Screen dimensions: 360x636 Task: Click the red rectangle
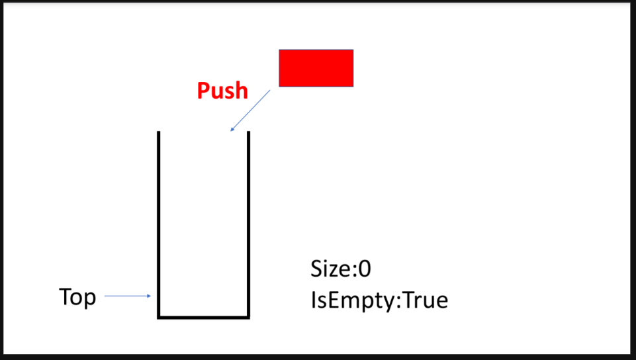[x=316, y=67]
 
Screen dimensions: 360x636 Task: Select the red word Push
[x=222, y=91]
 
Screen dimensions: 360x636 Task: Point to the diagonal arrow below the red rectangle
[x=250, y=111]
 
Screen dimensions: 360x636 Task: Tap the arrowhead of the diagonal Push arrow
[x=232, y=130]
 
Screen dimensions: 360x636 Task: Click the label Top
[x=77, y=297]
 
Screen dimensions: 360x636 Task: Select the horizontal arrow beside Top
[x=128, y=296]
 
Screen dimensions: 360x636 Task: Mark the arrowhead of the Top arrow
[x=149, y=296]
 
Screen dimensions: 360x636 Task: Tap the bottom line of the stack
[x=204, y=317]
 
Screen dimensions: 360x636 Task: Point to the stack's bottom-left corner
[x=159, y=317]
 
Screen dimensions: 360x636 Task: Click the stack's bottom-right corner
[x=248, y=317]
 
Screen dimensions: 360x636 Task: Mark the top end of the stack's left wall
[x=159, y=133]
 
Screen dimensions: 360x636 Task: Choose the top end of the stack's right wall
[x=248, y=133]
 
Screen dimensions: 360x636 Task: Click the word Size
[x=331, y=269]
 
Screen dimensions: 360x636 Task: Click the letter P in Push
[x=203, y=91]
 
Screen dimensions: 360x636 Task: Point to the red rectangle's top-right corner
[x=353, y=50]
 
